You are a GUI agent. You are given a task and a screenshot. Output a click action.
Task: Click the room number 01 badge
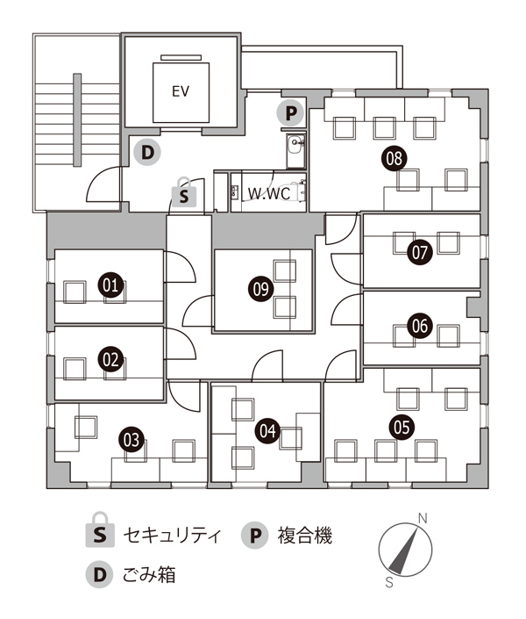110,284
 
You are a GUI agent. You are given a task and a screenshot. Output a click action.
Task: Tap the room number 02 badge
110,359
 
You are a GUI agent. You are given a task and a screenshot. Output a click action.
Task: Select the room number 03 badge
131,440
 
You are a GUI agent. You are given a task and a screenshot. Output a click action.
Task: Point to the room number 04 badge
267,430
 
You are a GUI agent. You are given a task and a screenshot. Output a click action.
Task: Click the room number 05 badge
402,427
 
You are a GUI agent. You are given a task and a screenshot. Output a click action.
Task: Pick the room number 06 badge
420,326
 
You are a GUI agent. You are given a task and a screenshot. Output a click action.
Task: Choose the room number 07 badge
420,252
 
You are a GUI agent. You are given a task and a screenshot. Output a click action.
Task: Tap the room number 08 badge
394,158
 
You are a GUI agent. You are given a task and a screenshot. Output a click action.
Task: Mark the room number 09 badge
260,289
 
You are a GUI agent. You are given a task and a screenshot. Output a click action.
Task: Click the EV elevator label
181,91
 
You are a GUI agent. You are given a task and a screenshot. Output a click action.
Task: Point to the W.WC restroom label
269,193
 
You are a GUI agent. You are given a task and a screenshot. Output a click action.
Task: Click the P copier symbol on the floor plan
290,113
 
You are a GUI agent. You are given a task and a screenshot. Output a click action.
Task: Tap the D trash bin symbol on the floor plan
147,152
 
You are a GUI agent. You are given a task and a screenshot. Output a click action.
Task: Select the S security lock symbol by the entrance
184,192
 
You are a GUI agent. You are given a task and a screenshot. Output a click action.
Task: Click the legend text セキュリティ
172,536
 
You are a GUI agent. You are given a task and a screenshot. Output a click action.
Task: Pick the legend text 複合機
305,536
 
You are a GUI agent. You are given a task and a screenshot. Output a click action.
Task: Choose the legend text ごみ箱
149,574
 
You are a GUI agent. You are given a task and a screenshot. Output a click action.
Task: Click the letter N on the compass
423,518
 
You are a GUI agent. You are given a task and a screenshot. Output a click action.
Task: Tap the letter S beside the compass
389,582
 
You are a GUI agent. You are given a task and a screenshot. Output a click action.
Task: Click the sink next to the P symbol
295,151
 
